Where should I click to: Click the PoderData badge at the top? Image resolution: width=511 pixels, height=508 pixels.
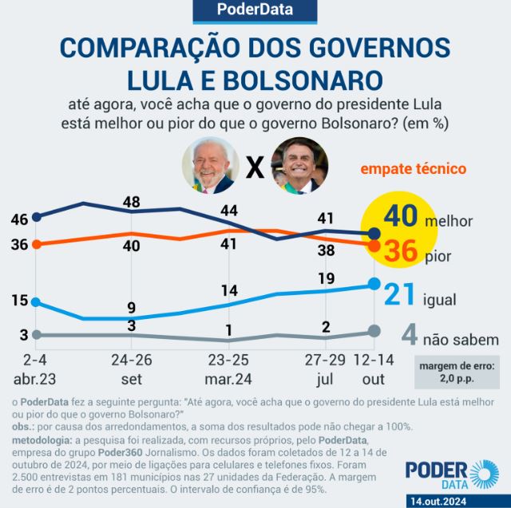(255, 10)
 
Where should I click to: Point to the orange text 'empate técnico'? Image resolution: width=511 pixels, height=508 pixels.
(413, 169)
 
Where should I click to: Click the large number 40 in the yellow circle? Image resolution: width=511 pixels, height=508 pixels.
(398, 218)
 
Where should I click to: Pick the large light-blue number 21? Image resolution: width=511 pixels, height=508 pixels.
(400, 295)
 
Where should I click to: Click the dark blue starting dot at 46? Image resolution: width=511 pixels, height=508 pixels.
(37, 215)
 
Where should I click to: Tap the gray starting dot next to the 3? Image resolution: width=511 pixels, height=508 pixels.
(37, 334)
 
